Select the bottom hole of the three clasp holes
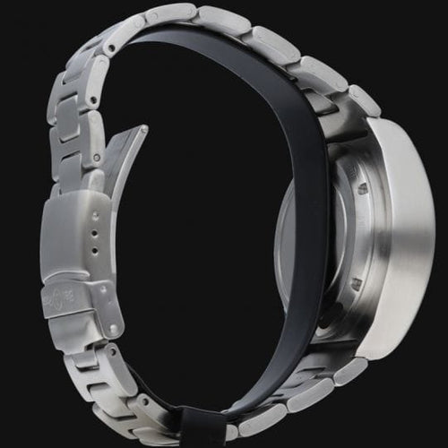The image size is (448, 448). (x=95, y=254)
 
